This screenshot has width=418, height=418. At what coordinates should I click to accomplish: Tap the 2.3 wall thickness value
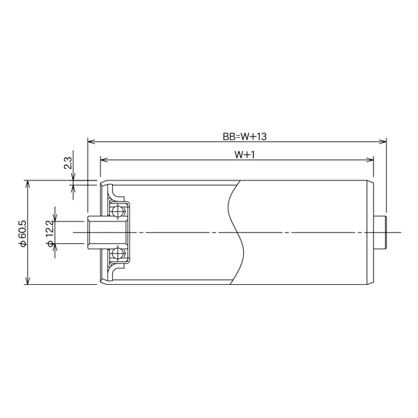point(68,164)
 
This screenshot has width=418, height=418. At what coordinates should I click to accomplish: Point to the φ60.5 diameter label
point(22,233)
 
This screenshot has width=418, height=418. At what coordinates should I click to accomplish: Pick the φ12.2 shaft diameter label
point(49,233)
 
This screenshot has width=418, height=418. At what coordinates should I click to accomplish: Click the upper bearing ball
point(119,209)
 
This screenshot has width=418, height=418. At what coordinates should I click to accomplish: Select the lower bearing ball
point(119,255)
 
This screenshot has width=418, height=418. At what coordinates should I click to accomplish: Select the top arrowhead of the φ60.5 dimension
point(28,183)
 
